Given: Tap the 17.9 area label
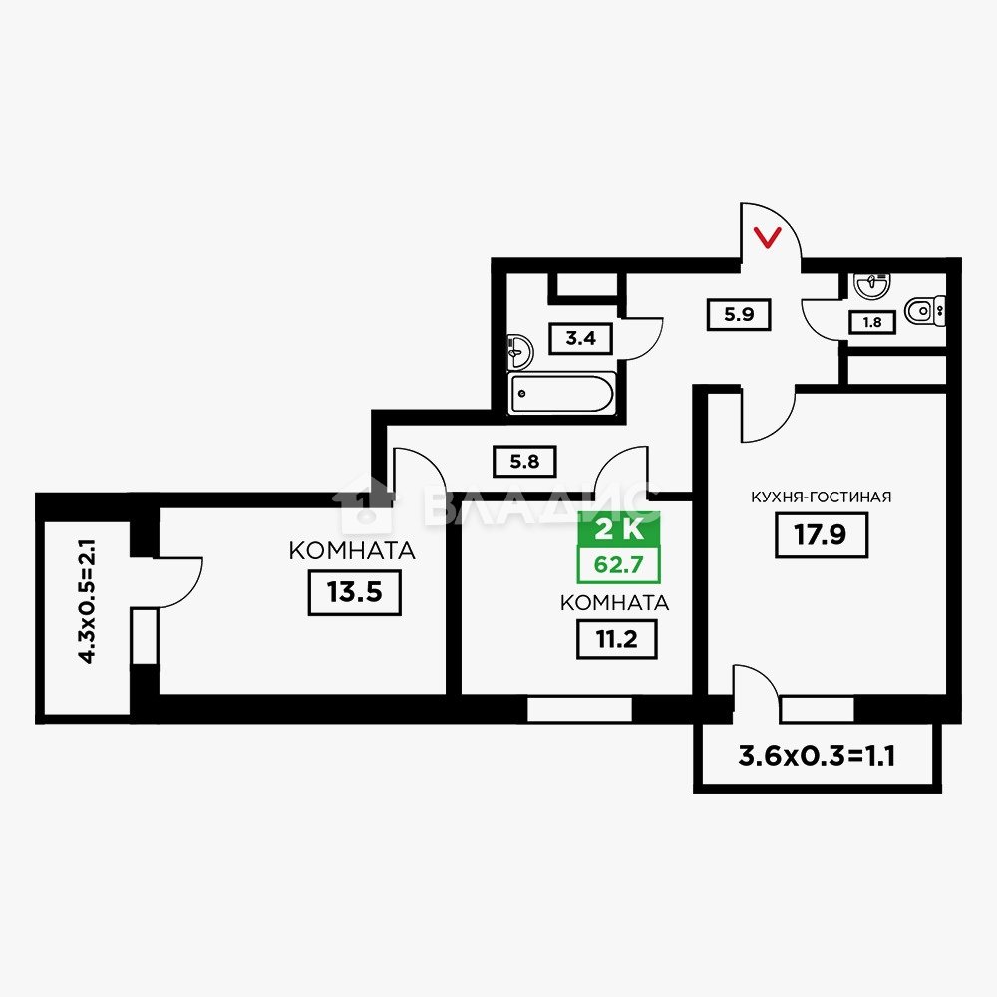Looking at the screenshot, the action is (821, 535).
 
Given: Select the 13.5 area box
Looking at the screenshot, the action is (354, 592).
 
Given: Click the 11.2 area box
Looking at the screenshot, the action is (616, 639).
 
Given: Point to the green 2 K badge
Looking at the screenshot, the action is (619, 529).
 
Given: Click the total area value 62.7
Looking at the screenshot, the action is (619, 564).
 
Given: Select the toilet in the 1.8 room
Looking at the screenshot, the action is (924, 311).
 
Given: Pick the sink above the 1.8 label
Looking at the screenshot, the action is (872, 285).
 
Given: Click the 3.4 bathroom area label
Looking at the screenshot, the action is (581, 338).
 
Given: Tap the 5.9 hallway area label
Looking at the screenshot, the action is (739, 315).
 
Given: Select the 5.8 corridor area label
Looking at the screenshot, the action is (524, 461).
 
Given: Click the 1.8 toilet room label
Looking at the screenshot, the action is (872, 322).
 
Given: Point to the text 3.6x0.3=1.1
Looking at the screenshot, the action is (817, 756).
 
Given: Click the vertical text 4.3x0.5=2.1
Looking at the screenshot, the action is (87, 601).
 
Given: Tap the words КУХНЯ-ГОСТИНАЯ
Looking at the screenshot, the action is (821, 498).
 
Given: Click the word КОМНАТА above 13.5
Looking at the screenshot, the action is (352, 550).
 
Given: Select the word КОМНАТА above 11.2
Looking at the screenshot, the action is (614, 603).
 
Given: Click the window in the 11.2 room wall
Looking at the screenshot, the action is (580, 709).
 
